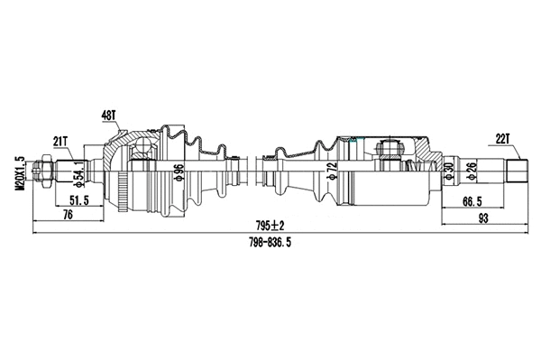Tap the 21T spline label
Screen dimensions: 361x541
[x=61, y=142]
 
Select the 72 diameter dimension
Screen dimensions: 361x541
[x=331, y=171]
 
